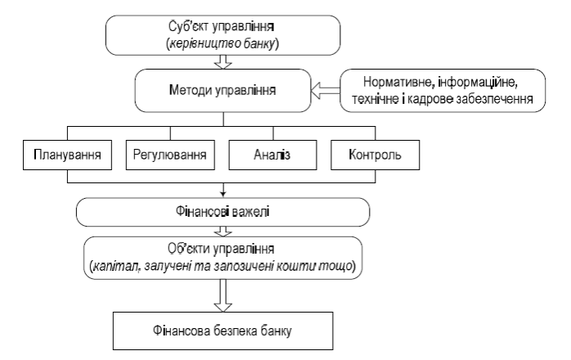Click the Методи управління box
coord(222,87)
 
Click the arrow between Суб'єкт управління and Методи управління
coord(221,60)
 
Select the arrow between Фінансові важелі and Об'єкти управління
coord(222,231)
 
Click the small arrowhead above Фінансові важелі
coord(222,195)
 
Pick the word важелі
coord(252,212)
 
